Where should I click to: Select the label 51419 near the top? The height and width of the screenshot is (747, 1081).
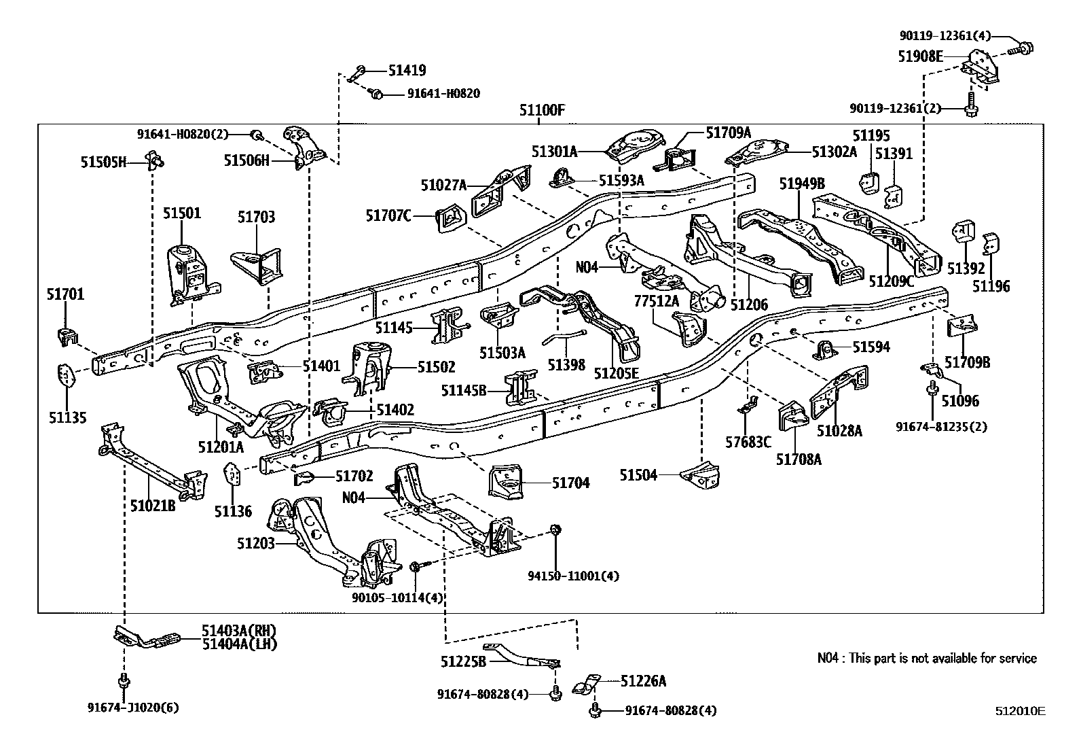(x=407, y=70)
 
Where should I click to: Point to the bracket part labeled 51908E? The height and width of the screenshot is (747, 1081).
(x=981, y=69)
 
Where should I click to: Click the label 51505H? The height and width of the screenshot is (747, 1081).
(x=104, y=162)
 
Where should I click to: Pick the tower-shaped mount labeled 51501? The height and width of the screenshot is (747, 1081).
(x=189, y=272)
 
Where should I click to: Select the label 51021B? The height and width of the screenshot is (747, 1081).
(x=153, y=505)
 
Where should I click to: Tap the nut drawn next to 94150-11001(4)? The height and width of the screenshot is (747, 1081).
(x=555, y=529)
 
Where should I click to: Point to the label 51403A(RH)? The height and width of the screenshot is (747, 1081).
(x=239, y=630)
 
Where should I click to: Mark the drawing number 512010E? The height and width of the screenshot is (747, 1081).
(x=1020, y=712)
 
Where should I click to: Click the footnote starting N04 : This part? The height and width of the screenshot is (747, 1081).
(x=927, y=658)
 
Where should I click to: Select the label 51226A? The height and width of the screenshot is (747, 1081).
(x=643, y=680)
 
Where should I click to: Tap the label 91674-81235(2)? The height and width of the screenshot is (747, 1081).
(x=941, y=427)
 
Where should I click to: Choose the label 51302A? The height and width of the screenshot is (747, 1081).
(x=834, y=152)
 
